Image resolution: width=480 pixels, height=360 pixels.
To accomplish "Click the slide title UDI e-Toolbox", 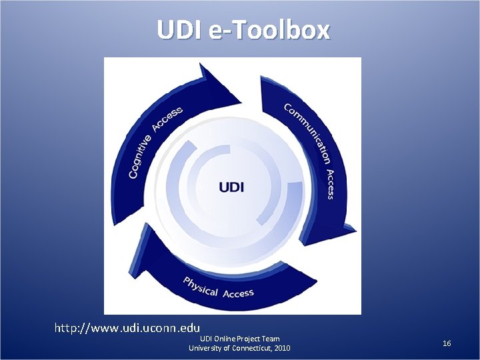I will [243, 29].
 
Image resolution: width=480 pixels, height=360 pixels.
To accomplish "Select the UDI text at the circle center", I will [231, 186].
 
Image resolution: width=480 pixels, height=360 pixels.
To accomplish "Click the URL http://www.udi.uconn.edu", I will [127, 327].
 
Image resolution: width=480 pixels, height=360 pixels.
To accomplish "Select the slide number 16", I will [447, 343].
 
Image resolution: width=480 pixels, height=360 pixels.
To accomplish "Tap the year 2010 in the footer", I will [281, 348].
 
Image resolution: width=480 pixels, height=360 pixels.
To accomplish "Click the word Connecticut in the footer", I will [249, 348].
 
